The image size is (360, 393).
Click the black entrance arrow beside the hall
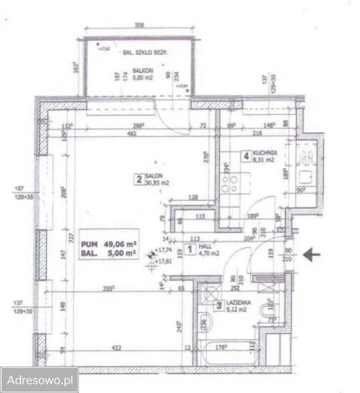pyautogui.click(x=312, y=255)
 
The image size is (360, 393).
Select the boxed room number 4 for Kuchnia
pyautogui.click(x=246, y=156)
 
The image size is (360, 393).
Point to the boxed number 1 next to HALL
pyautogui.click(x=189, y=249)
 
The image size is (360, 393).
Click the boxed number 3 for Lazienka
pyautogui.click(x=219, y=305)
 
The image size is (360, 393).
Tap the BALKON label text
pyautogui.click(x=134, y=70)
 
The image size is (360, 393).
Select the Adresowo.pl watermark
pyautogui.click(x=39, y=379)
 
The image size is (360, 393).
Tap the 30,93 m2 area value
pyautogui.click(x=157, y=183)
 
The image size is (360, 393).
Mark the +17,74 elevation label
pyautogui.click(x=165, y=251)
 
